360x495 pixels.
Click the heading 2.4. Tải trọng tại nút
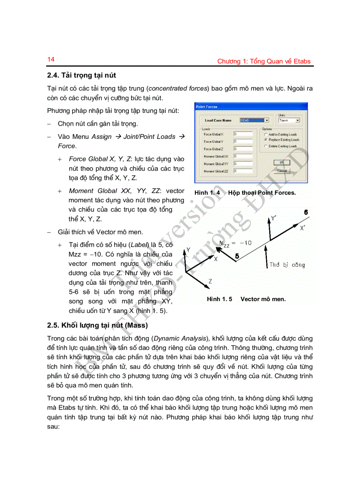click(x=81, y=75)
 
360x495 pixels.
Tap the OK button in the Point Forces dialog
click(x=281, y=163)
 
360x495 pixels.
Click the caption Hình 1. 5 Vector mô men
click(x=246, y=299)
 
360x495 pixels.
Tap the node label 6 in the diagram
click(x=305, y=212)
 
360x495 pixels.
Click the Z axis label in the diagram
click(x=210, y=281)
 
